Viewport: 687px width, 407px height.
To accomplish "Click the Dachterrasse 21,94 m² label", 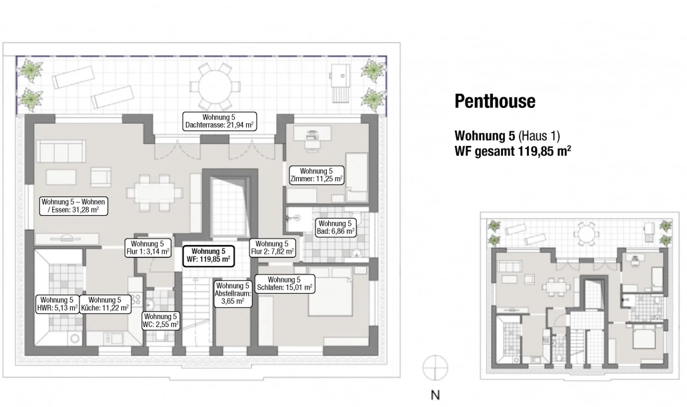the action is click(219, 121).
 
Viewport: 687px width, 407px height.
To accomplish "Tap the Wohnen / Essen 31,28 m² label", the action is click(73, 206).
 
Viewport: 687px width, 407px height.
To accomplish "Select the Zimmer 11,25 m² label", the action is click(316, 175).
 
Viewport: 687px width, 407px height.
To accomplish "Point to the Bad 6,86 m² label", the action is click(335, 228).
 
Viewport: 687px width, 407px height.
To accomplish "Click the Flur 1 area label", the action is click(147, 248).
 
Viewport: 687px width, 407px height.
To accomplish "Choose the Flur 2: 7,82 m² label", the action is click(272, 248).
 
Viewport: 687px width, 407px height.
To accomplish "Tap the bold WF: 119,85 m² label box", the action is click(208, 256).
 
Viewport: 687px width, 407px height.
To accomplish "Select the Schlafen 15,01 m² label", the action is click(284, 284).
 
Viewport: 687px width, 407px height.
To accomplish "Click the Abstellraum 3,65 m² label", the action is click(233, 294).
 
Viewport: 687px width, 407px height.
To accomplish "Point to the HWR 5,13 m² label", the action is click(57, 304).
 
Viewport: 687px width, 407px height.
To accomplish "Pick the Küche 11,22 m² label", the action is click(105, 304).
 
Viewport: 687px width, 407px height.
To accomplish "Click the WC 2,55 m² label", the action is click(160, 320).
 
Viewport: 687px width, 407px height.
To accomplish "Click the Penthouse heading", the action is click(495, 101).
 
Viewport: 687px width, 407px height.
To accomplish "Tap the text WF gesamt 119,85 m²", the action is click(513, 151).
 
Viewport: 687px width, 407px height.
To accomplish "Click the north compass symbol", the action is click(435, 368).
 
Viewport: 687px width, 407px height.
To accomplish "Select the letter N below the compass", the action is click(435, 395).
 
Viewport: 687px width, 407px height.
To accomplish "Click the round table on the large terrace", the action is click(215, 86).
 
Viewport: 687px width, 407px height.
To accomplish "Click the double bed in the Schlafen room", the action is click(330, 291).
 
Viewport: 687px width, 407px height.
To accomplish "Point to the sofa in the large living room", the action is click(61, 151).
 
